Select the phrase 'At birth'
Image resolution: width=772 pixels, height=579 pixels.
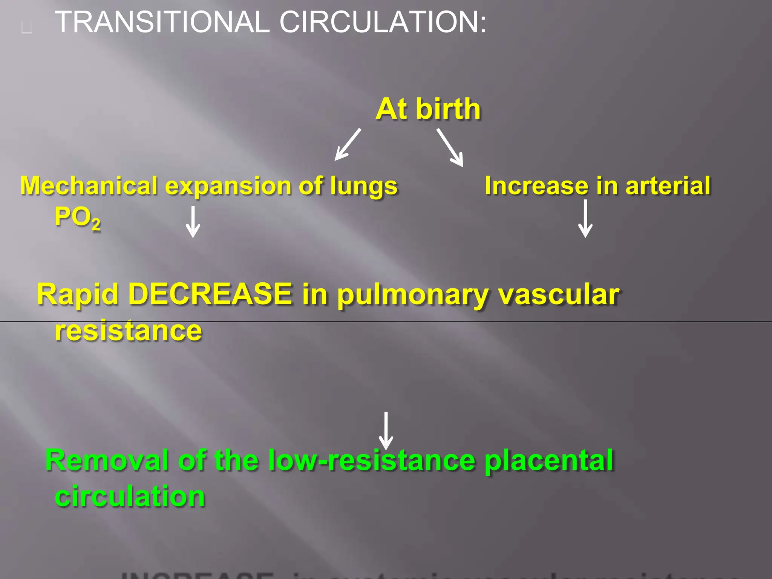click(x=428, y=109)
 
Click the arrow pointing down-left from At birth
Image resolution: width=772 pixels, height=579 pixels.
click(x=348, y=145)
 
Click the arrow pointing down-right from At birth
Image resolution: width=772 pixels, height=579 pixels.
click(x=450, y=147)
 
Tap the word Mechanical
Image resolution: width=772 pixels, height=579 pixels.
click(x=89, y=186)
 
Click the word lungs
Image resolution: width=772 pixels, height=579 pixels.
click(x=364, y=187)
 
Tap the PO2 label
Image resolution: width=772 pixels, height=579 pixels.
click(x=78, y=218)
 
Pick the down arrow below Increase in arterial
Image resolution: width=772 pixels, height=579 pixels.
click(x=585, y=219)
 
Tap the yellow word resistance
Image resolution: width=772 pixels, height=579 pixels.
click(x=129, y=331)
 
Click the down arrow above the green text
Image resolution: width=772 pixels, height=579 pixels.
click(x=386, y=430)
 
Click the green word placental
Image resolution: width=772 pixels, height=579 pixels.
click(x=549, y=460)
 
